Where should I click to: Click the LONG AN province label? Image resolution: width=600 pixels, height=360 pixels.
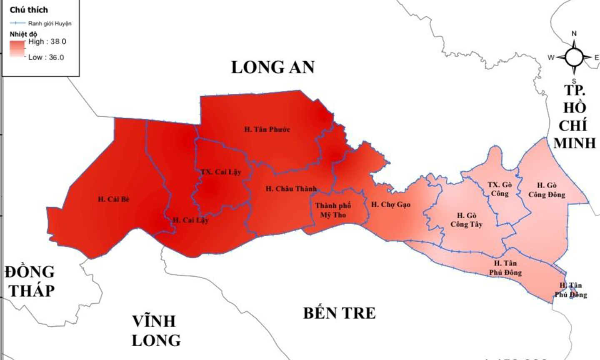273,67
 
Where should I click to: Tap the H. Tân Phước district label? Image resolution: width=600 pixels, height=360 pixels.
267,130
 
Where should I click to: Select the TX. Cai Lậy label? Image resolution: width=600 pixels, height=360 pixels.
221,172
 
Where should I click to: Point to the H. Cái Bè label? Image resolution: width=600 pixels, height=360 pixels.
114,199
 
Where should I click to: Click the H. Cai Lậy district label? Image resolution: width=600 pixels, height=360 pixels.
190,220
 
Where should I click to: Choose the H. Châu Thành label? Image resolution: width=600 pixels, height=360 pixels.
291,189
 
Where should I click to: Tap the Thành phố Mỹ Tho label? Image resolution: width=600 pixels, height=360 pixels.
333,210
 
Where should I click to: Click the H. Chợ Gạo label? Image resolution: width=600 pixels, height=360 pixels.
391,205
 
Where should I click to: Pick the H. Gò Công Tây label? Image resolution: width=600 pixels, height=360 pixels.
466,220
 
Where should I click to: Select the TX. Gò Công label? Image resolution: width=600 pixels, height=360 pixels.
500,189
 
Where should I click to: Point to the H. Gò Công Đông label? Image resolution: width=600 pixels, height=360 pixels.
547,190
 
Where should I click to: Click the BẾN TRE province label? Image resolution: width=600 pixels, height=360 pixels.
339,313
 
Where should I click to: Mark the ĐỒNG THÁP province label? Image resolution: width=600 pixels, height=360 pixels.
30,281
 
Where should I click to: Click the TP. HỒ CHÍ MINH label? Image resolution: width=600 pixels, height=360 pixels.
575,117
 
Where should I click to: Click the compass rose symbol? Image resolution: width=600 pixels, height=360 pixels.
574,57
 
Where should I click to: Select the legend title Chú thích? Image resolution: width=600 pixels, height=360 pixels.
29,10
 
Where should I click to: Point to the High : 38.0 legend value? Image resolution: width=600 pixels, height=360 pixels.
47,42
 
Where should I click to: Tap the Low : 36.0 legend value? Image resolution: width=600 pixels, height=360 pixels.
46,57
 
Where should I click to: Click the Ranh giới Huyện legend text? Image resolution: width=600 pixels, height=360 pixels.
50,23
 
